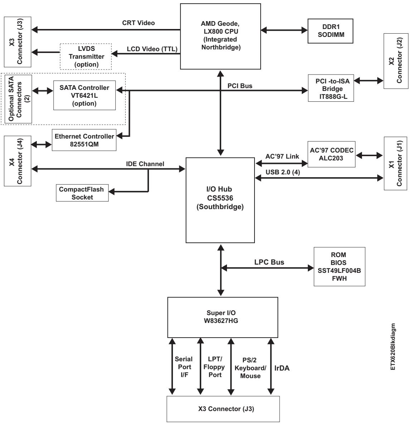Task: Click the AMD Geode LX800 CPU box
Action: pyautogui.click(x=220, y=36)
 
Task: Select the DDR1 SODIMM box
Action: pyautogui.click(x=330, y=31)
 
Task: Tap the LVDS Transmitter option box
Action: pyautogui.click(x=86, y=56)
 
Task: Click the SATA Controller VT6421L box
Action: pyautogui.click(x=84, y=95)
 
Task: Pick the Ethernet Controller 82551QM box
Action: pyautogui.click(x=84, y=140)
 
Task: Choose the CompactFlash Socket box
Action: pyautogui.click(x=82, y=193)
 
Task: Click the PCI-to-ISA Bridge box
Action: pyautogui.click(x=331, y=88)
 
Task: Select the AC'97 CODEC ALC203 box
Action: pyautogui.click(x=331, y=154)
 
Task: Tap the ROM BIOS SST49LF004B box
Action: pyautogui.click(x=339, y=266)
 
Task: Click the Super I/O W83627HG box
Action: pyautogui.click(x=223, y=317)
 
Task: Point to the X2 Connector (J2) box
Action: pyautogui.click(x=396, y=61)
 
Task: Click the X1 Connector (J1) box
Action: pyautogui.click(x=396, y=163)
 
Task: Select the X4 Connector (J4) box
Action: pyautogui.click(x=18, y=161)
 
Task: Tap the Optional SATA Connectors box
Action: pyautogui.click(x=18, y=99)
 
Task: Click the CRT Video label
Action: pyautogui.click(x=139, y=23)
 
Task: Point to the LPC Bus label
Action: pyautogui.click(x=269, y=262)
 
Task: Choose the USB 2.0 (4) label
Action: pyautogui.click(x=283, y=172)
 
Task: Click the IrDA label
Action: pyautogui.click(x=282, y=368)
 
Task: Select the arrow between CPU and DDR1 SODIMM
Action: pyautogui.click(x=284, y=30)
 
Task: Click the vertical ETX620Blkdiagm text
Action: pyautogui.click(x=393, y=347)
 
